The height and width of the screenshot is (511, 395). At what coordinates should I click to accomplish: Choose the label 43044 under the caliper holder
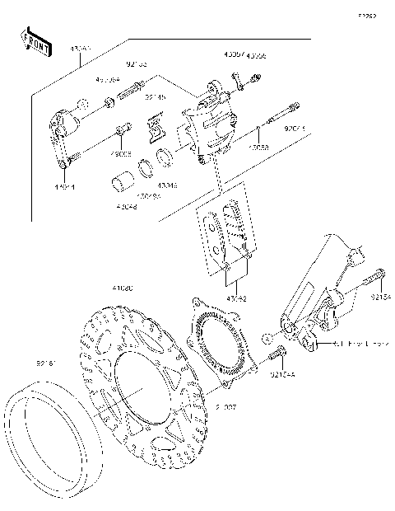click(65, 187)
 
